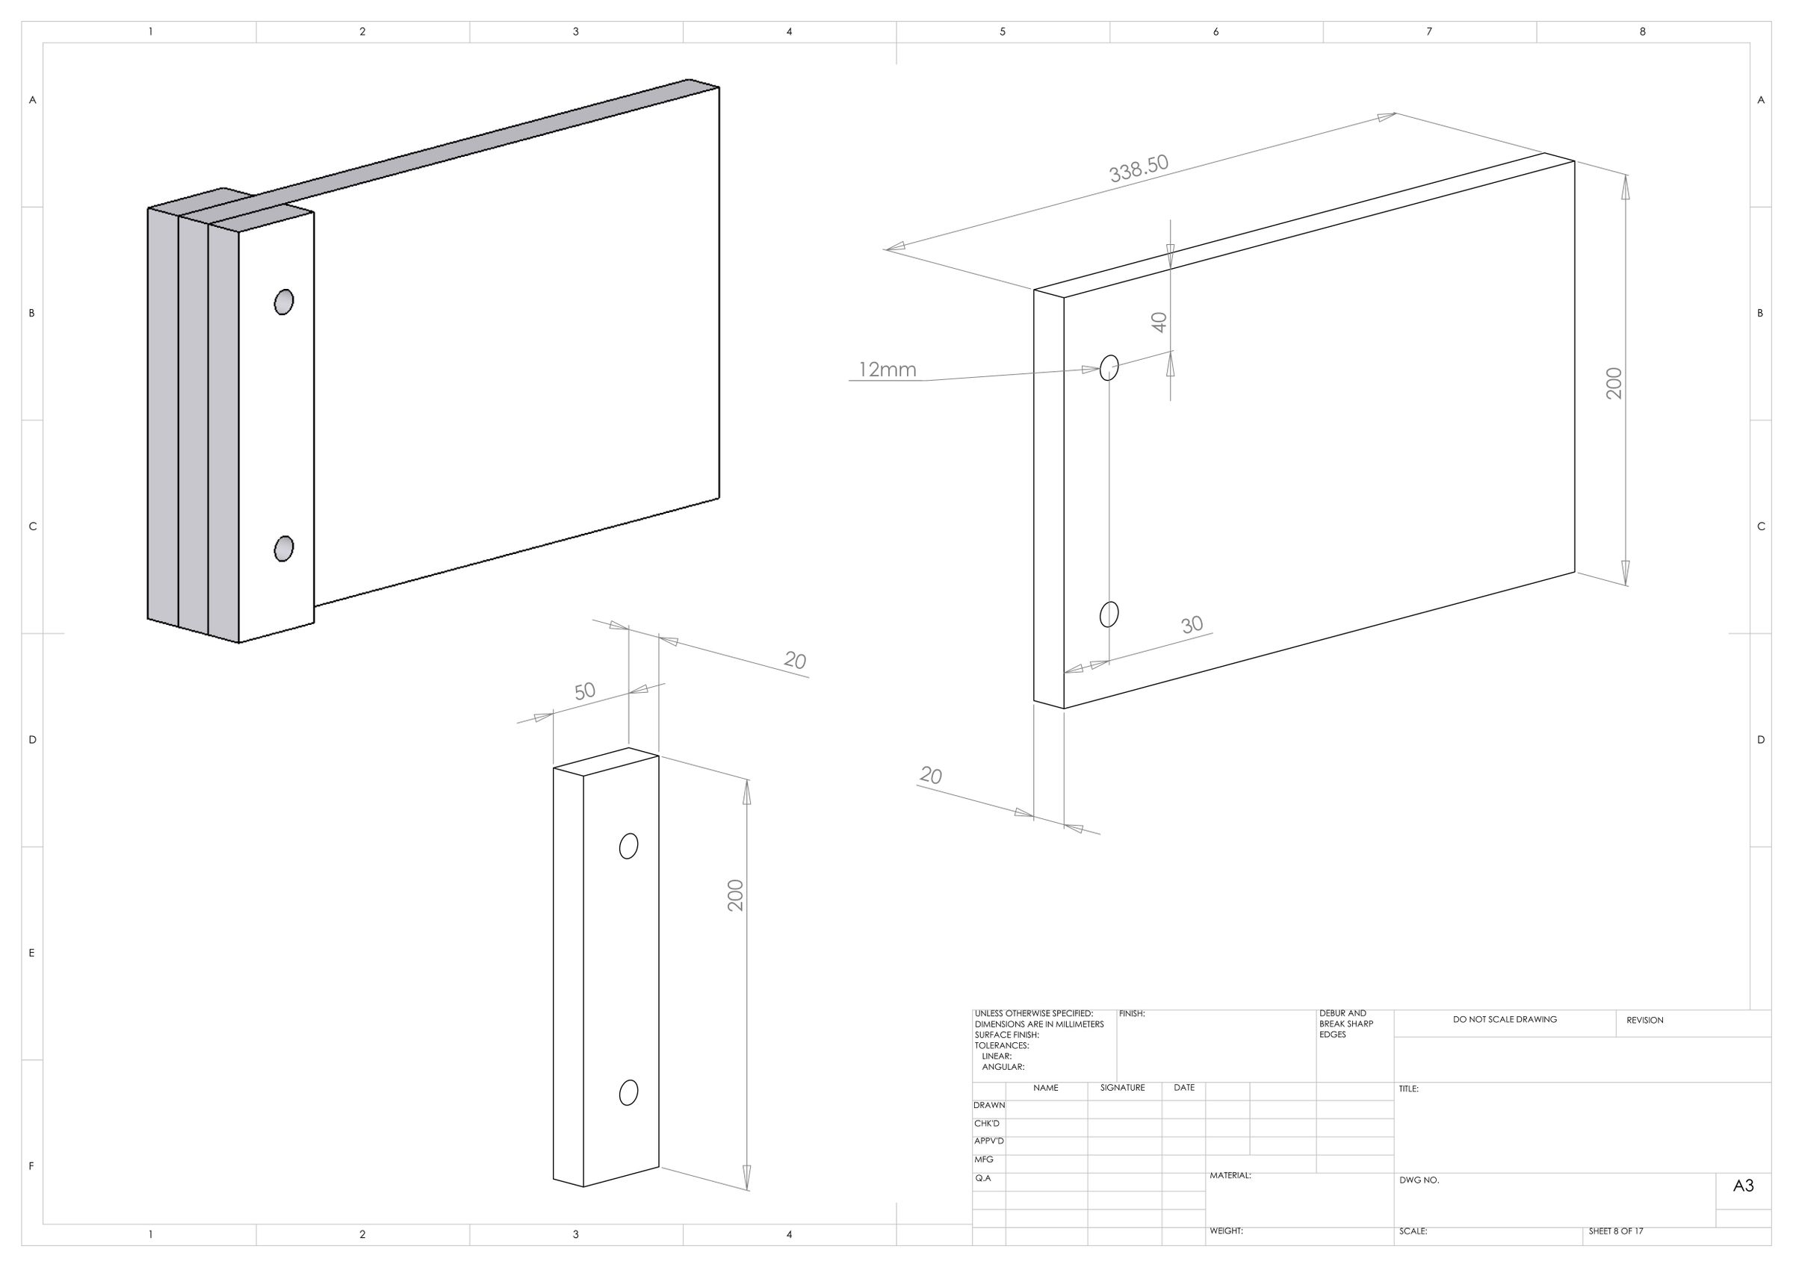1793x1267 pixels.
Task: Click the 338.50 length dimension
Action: tap(1139, 169)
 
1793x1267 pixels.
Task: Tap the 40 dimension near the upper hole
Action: tap(1159, 323)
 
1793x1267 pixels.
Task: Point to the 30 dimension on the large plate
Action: tap(1192, 624)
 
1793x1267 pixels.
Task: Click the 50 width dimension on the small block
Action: tap(585, 691)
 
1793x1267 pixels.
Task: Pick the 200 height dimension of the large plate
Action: tap(1614, 383)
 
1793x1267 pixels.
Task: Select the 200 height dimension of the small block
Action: tap(736, 895)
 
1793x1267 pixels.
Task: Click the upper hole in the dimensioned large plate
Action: tap(1109, 367)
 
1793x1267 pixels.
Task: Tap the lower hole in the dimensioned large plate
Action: tap(1109, 614)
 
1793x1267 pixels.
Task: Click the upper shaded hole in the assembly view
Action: tap(284, 302)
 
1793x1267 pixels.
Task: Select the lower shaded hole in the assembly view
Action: tap(284, 549)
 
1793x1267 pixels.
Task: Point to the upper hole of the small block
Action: tap(628, 846)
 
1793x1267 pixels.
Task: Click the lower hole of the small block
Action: tap(628, 1093)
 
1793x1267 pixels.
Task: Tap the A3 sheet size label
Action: tap(1744, 1186)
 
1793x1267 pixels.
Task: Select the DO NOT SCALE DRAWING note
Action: tap(1505, 1020)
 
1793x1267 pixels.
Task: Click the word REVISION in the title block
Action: tap(1644, 1021)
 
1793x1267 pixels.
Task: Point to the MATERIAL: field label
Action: tap(1230, 1175)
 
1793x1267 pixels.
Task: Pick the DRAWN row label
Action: tap(989, 1106)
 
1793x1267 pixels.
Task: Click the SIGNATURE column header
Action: tap(1122, 1088)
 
